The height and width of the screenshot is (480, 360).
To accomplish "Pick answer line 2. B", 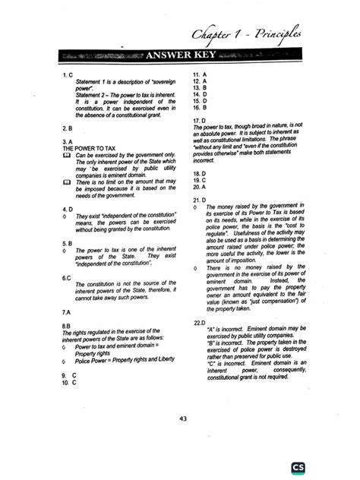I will coord(67,129).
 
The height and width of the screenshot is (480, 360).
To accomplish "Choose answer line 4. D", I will coord(67,208).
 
